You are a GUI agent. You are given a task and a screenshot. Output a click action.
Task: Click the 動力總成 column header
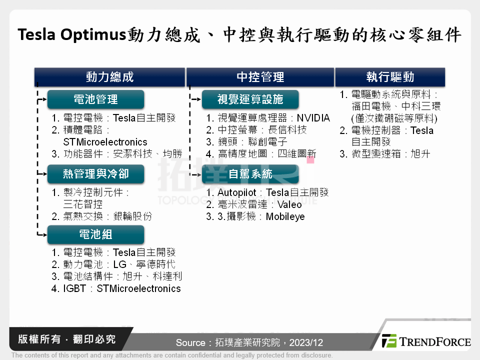(109, 77)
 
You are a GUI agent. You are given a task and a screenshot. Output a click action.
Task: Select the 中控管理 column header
(260, 77)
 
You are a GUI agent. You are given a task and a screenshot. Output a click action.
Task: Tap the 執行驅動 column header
(390, 77)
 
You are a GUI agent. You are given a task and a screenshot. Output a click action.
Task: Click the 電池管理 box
(95, 99)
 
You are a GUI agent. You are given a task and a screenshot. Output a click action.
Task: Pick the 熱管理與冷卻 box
(95, 174)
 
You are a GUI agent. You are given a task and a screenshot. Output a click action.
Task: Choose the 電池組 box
(95, 234)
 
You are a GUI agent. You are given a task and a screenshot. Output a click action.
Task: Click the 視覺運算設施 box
(250, 99)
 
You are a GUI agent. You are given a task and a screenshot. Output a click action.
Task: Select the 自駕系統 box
(250, 174)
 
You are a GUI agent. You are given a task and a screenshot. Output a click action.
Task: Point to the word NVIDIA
(313, 118)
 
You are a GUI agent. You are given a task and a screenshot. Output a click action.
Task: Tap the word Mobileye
(285, 216)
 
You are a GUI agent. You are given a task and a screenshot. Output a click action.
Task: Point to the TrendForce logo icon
(389, 341)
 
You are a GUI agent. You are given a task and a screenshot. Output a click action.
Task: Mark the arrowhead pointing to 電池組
(44, 234)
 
